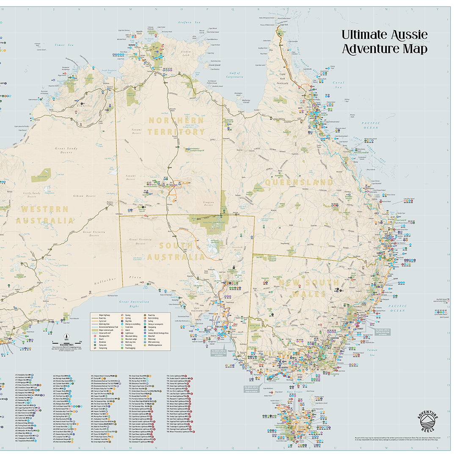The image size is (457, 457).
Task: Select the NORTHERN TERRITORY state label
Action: click(176, 126)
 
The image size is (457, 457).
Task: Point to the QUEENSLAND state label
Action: click(299, 182)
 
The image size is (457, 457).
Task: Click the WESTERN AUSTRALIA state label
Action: click(45, 215)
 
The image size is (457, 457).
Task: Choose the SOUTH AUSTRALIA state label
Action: click(176, 251)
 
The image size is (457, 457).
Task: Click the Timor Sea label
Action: click(64, 45)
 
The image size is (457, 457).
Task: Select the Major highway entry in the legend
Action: click(107, 315)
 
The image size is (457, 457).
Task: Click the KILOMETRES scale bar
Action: click(66, 342)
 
